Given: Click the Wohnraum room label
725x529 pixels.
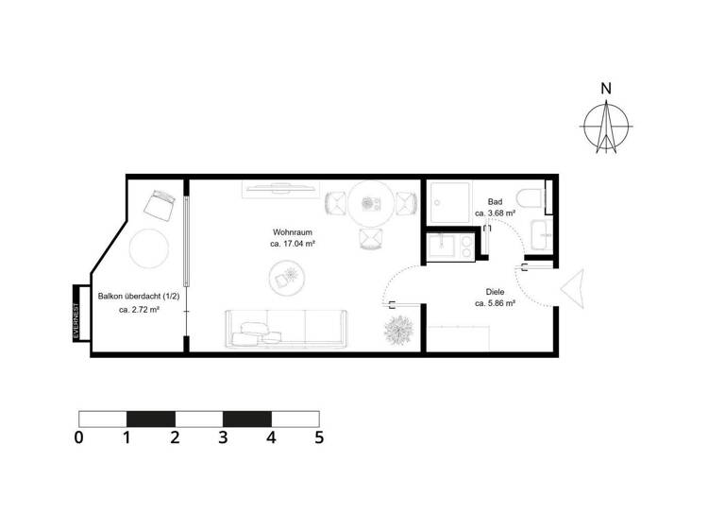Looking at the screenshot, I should [x=293, y=231].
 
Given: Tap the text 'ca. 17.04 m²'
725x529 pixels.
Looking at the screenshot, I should [x=293, y=244].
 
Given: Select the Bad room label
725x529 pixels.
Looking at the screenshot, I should [x=495, y=202].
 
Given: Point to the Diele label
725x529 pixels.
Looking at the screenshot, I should [x=495, y=292].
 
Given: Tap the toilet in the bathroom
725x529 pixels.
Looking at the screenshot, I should [x=533, y=197].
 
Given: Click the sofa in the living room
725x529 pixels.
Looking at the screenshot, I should [x=287, y=327].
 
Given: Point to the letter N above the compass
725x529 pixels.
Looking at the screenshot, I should [x=606, y=89].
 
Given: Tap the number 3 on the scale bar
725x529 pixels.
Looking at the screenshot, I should [x=223, y=438].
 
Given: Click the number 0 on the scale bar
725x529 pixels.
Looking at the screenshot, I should [x=78, y=438].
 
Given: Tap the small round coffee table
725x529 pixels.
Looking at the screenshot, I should [x=285, y=276].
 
